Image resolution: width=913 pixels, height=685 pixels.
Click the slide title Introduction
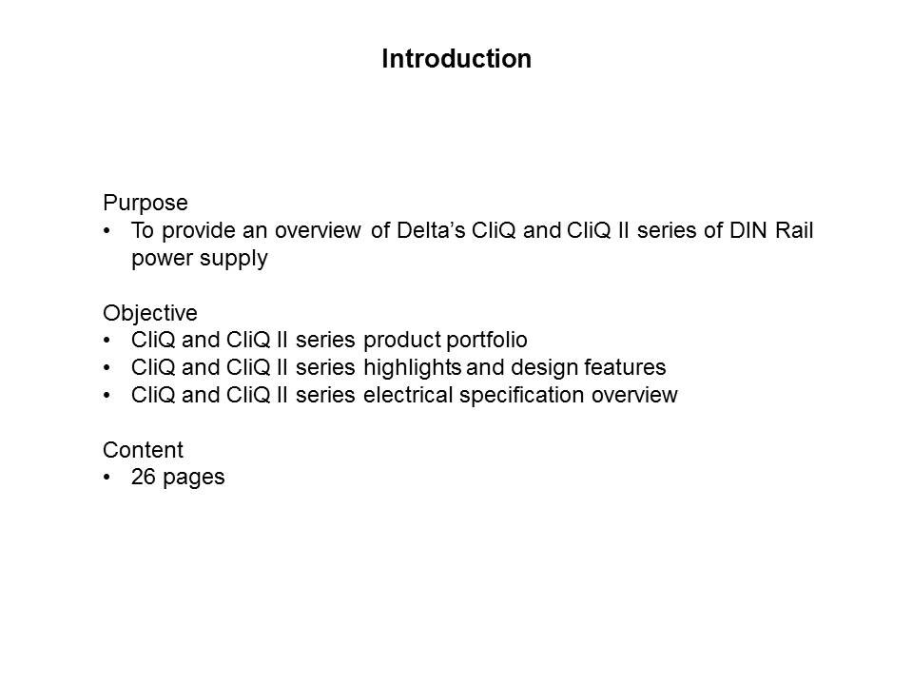[x=456, y=59]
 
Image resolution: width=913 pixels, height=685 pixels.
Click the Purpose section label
[x=146, y=204]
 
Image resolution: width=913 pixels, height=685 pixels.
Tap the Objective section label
[x=150, y=314]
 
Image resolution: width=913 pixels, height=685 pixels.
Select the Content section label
[x=144, y=450]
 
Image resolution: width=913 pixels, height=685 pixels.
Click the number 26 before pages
[x=144, y=477]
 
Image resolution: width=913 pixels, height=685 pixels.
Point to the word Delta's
[x=431, y=230]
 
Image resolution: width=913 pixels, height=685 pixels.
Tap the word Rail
[x=794, y=230]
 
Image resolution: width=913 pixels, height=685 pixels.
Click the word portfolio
[x=487, y=341]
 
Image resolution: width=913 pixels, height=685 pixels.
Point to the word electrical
[x=408, y=395]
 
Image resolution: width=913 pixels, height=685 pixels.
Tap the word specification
[x=522, y=396]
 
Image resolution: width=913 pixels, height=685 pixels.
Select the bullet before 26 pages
[x=107, y=478]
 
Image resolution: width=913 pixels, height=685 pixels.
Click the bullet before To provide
[x=107, y=230]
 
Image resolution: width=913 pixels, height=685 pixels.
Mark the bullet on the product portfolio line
[x=107, y=341]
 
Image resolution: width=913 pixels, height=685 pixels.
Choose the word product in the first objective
[x=402, y=341]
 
